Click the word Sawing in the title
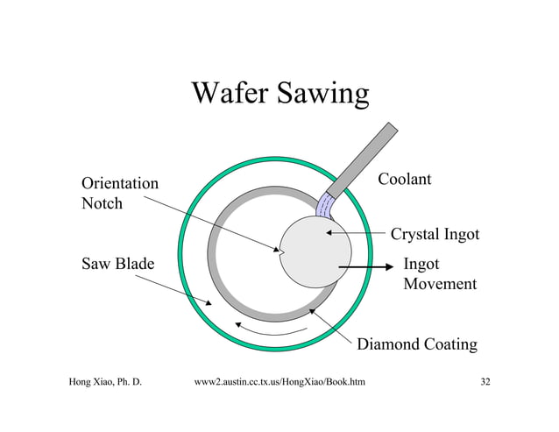pos(320,95)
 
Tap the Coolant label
pos(404,180)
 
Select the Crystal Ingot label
pos(435,235)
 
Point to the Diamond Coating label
pos(417,344)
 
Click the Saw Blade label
pos(118,263)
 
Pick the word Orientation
pos(120,184)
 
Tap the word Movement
pos(440,284)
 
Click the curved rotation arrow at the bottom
pos(272,329)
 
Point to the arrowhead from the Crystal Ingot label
pos(329,233)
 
